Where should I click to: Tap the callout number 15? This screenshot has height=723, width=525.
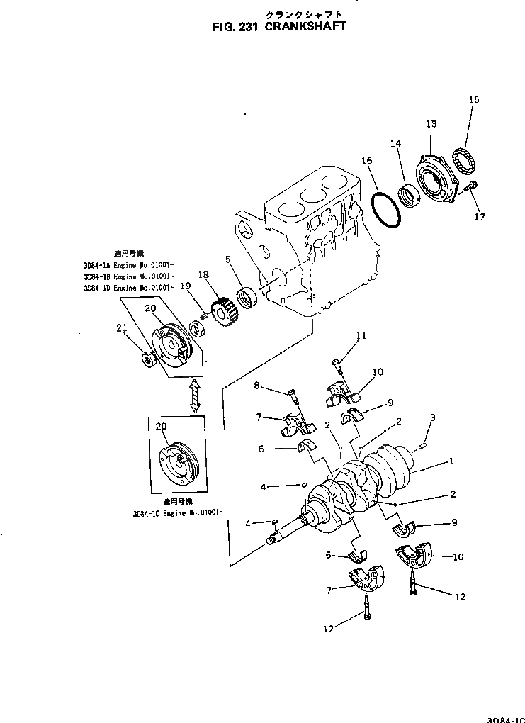click(474, 100)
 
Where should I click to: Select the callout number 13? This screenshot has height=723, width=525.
click(431, 124)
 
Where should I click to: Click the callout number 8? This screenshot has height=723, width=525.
click(257, 386)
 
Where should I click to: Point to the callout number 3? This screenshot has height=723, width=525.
click(432, 417)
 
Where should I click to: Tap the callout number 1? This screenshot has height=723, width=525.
click(448, 461)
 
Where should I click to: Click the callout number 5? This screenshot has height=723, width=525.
click(227, 259)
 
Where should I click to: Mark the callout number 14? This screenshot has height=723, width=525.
click(396, 144)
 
